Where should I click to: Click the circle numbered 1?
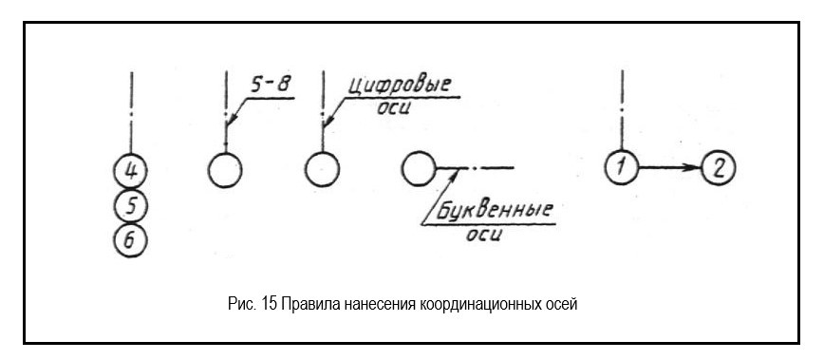[x=620, y=170]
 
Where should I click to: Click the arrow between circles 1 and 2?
[x=669, y=170]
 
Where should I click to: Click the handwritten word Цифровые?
[x=398, y=85]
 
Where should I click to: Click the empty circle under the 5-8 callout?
[x=224, y=171]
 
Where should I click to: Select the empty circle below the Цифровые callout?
[x=323, y=171]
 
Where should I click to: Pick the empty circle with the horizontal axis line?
[x=419, y=170]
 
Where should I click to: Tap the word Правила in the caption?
[x=300, y=303]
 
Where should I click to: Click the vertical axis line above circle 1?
[x=620, y=104]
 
